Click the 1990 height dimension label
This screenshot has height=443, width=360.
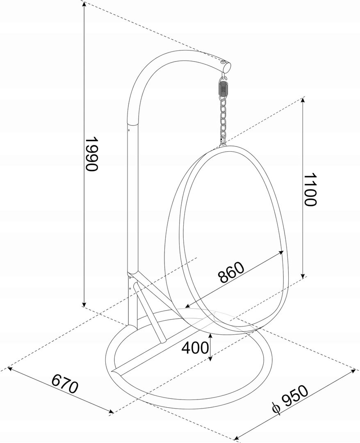92,154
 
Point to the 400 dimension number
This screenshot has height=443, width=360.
196,348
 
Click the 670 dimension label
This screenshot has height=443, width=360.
65,384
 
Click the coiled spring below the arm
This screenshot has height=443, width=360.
223,89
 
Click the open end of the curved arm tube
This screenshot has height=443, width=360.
226,67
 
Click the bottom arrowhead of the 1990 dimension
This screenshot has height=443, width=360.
84,304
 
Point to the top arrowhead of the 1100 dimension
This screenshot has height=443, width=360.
303,101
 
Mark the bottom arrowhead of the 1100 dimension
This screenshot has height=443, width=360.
303,274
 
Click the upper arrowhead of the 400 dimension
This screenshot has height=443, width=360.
210,336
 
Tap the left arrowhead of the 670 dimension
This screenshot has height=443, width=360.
12,369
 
